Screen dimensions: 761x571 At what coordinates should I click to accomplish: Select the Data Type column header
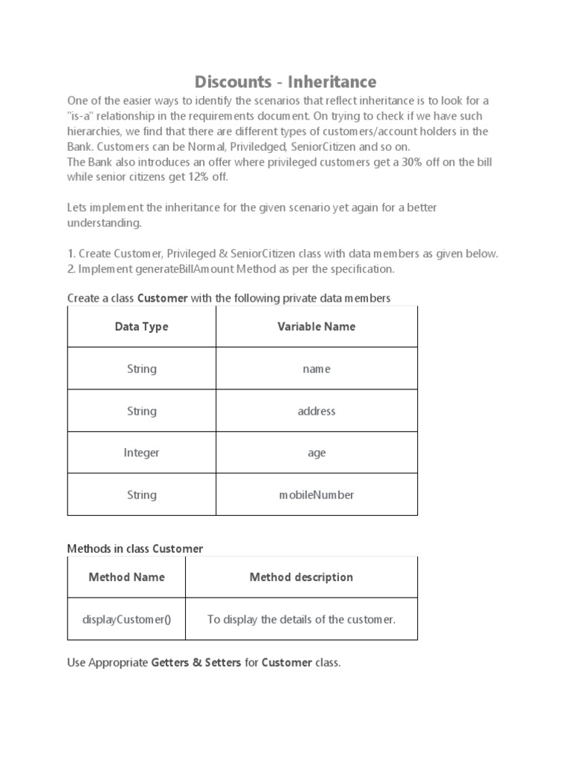pos(141,326)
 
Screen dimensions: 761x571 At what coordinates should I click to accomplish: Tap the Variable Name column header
pos(316,326)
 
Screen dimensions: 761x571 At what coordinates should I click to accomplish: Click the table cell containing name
pos(316,369)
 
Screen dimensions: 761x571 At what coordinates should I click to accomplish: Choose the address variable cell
pos(316,411)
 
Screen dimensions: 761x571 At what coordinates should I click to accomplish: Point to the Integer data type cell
pos(141,453)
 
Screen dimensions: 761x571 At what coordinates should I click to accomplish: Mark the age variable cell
pos(316,453)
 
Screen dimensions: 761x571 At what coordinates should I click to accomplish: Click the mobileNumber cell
pos(316,495)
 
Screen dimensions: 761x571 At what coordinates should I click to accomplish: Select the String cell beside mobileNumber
pos(141,495)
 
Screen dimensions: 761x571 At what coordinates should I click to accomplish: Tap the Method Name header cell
pos(126,577)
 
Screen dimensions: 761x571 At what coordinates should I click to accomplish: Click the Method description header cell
pos(301,577)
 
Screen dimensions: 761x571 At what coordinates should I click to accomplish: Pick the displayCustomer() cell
pos(126,619)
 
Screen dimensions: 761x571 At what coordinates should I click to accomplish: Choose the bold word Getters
pos(170,662)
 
